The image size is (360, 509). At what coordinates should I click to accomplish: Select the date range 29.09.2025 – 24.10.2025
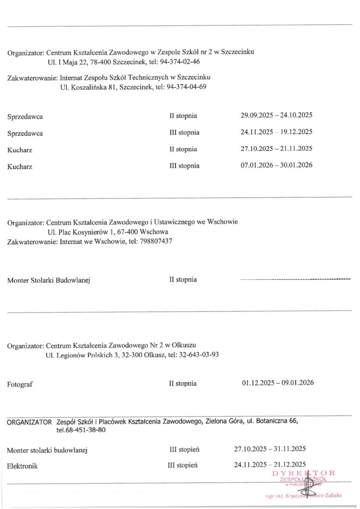(x=276, y=116)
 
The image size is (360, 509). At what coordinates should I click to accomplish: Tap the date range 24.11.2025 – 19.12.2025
(x=276, y=132)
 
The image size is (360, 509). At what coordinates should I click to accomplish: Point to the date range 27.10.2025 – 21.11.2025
(x=276, y=149)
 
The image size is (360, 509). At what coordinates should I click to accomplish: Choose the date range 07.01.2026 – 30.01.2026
(x=276, y=165)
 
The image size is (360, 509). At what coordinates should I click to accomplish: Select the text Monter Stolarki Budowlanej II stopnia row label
(x=49, y=280)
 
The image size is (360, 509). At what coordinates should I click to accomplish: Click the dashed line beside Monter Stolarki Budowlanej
(x=295, y=280)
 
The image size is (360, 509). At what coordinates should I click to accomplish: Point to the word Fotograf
(x=20, y=384)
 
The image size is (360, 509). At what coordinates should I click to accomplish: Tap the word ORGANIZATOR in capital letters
(x=29, y=422)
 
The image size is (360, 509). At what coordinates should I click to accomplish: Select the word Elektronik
(x=22, y=466)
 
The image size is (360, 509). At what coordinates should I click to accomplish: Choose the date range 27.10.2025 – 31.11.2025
(x=270, y=449)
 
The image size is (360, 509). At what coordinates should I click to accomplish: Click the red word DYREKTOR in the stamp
(x=303, y=473)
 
